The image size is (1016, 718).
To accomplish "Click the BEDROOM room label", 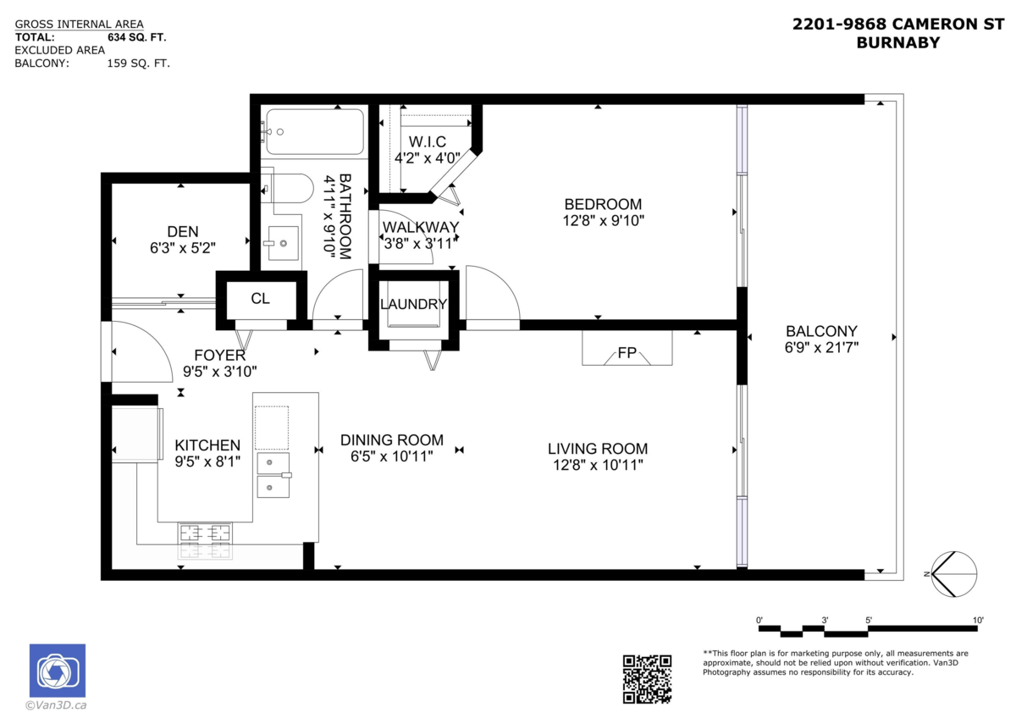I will pyautogui.click(x=603, y=204).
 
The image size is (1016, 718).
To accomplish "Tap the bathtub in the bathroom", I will pyautogui.click(x=313, y=131).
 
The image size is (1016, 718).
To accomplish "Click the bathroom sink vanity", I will pyautogui.click(x=280, y=243).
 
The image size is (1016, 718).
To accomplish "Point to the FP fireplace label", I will pyautogui.click(x=627, y=353).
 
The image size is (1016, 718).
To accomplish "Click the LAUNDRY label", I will pyautogui.click(x=413, y=305).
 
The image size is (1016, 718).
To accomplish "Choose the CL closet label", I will pyautogui.click(x=261, y=299).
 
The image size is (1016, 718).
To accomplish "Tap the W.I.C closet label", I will pyautogui.click(x=427, y=141).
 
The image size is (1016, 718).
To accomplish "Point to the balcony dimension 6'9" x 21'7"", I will pyautogui.click(x=821, y=347).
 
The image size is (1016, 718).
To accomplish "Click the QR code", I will pyautogui.click(x=647, y=678).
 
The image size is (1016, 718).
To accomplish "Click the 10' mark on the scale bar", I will pyautogui.click(x=978, y=621).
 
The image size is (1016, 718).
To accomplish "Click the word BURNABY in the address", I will pyautogui.click(x=897, y=42).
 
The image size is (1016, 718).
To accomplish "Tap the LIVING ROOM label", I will pyautogui.click(x=597, y=449).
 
